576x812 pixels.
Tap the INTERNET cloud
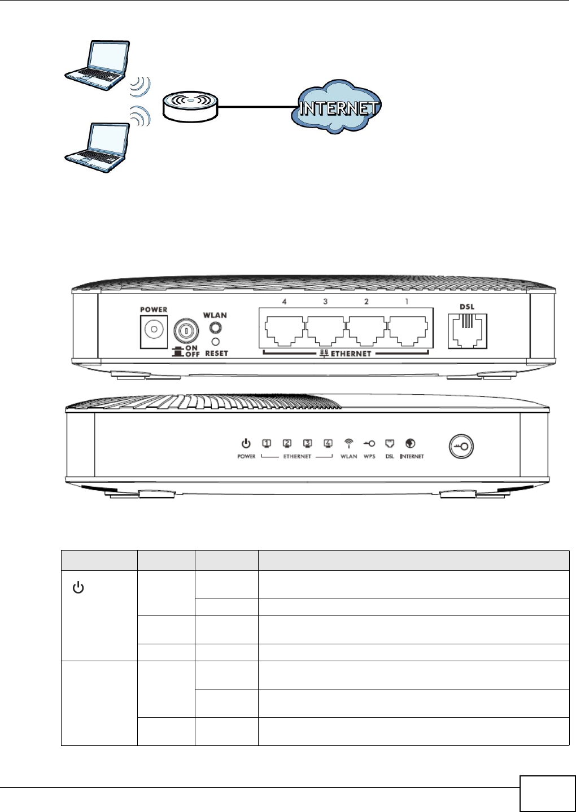pos(337,107)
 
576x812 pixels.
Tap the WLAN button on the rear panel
pos(215,328)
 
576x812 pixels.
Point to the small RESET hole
pos(215,342)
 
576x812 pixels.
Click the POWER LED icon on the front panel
pos(246,444)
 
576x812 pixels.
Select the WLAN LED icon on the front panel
pos(349,444)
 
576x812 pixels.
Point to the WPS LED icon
pos(369,444)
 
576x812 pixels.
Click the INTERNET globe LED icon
pos(411,444)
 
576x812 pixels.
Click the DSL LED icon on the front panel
pos(390,444)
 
